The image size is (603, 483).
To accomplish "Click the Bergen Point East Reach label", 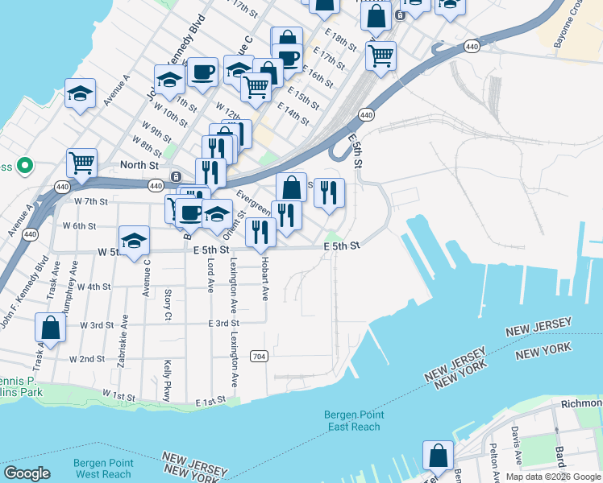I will tap(353, 420).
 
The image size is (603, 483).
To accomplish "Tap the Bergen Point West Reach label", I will tap(102, 469).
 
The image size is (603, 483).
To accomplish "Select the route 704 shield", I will tap(259, 356).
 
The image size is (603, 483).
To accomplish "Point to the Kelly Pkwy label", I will tap(168, 380).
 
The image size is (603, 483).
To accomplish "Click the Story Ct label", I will tap(168, 303).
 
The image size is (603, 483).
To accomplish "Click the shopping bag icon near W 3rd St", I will tap(50, 328).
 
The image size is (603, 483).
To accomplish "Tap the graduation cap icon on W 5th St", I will tap(135, 241).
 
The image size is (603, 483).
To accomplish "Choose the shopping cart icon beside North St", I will tap(81, 163).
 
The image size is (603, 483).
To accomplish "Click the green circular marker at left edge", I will tap(24, 167).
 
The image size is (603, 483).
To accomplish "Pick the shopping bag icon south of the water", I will tap(437, 456).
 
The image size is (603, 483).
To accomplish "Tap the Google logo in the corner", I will tap(27, 473).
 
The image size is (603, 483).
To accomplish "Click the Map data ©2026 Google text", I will tap(553, 477).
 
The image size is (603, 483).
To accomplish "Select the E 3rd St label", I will tap(220, 324).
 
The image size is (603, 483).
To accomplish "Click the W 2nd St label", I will tap(87, 359).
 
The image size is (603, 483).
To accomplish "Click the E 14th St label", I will tap(293, 113).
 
